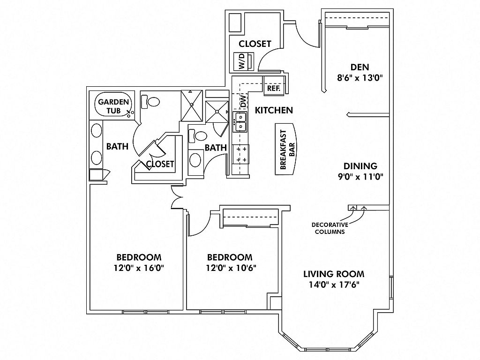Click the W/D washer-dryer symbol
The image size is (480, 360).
pos(244,61)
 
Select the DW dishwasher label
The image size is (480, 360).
pos(243,101)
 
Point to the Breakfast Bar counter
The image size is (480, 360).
pos(285,149)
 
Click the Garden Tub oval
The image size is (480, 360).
pos(114,105)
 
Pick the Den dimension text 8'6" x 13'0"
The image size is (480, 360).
pos(360,78)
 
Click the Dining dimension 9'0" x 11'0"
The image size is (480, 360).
pos(360,177)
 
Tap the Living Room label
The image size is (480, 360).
pos(334,274)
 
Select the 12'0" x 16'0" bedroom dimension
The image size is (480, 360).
pos(139,268)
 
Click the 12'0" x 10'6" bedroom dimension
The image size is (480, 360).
pos(231,268)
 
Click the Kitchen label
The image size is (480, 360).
pos(274,110)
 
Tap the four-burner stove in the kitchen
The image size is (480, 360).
pos(241,154)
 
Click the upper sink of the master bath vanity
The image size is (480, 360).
pos(97,131)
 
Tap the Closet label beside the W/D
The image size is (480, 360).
pos(255,44)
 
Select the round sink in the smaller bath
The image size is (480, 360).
pos(195,160)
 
